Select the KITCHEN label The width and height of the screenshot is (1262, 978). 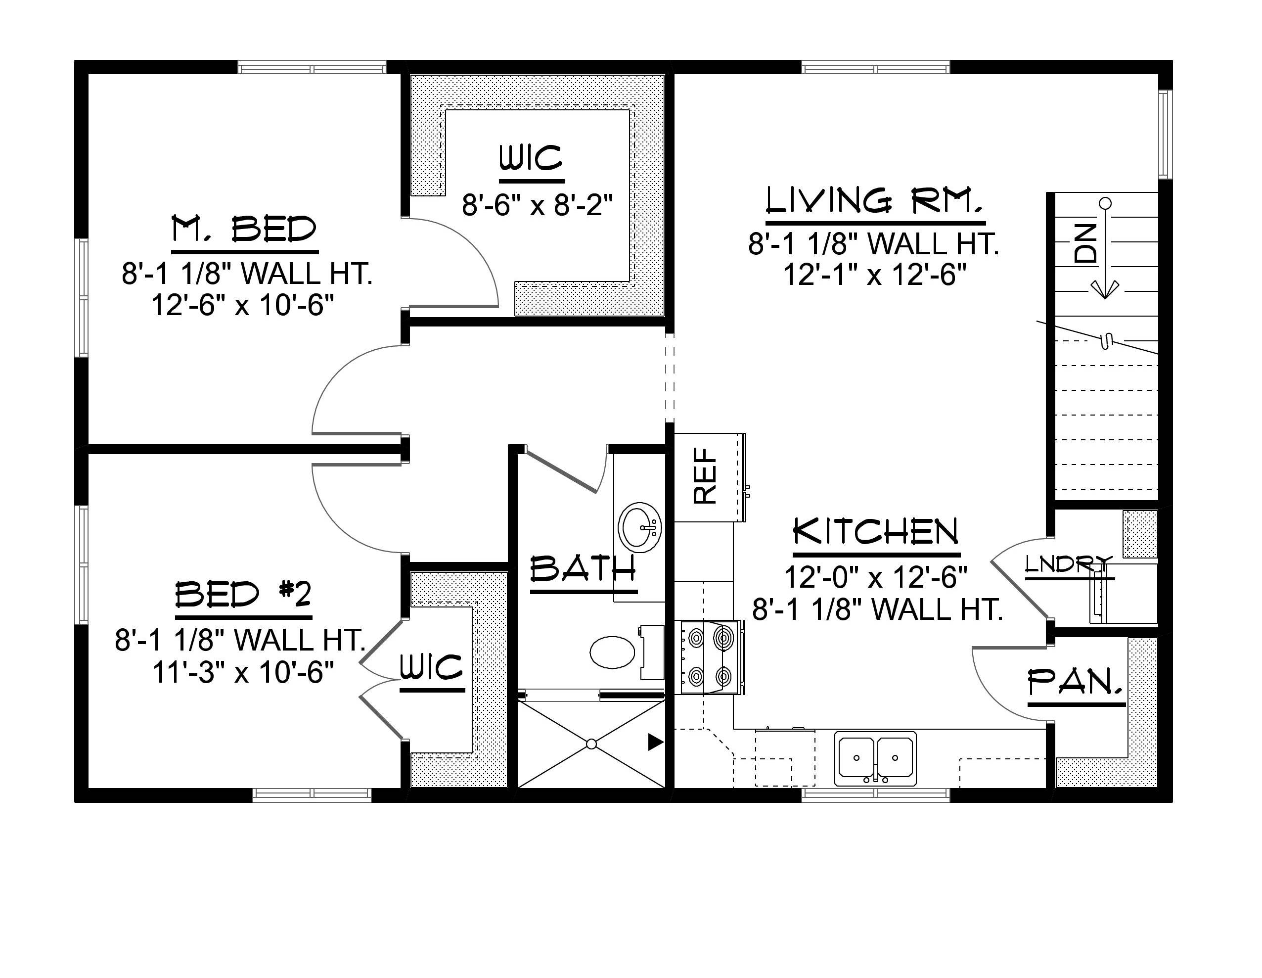point(875,532)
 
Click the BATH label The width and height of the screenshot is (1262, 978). point(583,569)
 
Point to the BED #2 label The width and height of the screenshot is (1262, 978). point(243,594)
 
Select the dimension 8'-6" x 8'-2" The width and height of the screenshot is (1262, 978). point(537,205)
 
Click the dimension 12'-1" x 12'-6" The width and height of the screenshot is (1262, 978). point(874,275)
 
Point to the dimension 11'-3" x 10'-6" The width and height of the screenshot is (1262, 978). point(243,672)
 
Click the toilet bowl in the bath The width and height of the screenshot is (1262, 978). point(613,652)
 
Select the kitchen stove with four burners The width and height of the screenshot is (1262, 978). point(709,657)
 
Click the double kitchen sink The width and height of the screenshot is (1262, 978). point(875,758)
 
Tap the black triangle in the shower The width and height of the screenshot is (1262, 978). point(655,742)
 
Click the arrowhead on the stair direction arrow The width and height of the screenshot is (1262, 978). point(1104,289)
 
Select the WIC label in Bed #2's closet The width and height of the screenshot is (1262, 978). point(432,668)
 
